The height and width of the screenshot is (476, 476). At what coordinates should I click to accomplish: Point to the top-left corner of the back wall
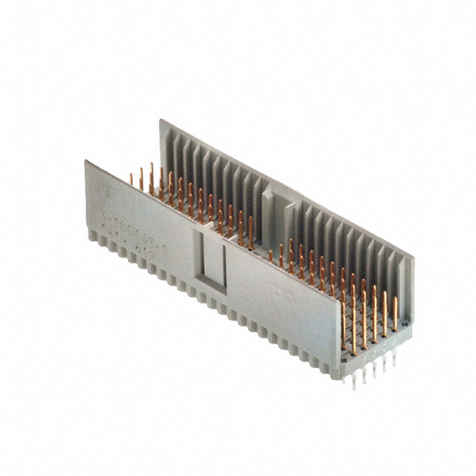(161, 119)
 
